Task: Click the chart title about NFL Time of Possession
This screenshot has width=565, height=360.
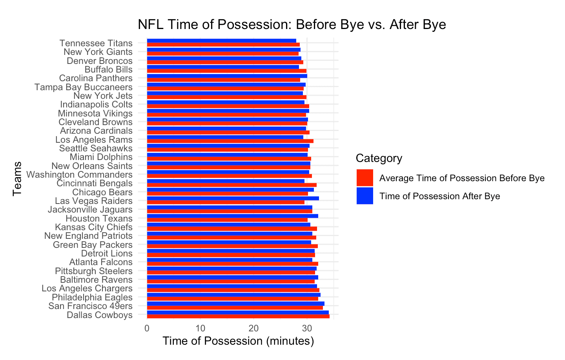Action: point(292,25)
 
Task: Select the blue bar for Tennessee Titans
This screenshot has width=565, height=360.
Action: point(221,41)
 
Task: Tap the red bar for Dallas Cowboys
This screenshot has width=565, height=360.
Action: point(238,316)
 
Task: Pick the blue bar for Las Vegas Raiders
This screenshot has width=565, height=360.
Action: point(233,198)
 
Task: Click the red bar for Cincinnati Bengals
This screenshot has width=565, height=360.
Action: point(232,185)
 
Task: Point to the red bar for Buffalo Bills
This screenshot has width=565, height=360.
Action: point(227,71)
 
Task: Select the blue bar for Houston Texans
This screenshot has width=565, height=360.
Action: point(233,216)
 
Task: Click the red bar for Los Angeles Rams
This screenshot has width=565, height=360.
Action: point(230,141)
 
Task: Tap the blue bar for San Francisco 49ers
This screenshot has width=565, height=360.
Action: point(235,304)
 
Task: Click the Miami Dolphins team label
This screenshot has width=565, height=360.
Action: point(101,157)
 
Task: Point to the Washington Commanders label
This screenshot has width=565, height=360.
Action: point(79,175)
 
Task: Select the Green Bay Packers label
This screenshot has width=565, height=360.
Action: point(93,245)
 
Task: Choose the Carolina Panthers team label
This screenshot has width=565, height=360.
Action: point(96,78)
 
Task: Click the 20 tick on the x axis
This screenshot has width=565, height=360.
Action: point(253,328)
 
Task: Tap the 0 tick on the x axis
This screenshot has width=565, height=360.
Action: point(147,328)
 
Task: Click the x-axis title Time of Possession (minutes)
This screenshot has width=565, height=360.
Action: point(239,341)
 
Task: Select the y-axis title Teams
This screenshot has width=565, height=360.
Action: point(17,179)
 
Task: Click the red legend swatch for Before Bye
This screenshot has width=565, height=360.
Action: point(365,178)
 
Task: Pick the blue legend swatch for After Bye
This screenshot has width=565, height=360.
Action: point(365,196)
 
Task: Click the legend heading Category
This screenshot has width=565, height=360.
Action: point(379,158)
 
